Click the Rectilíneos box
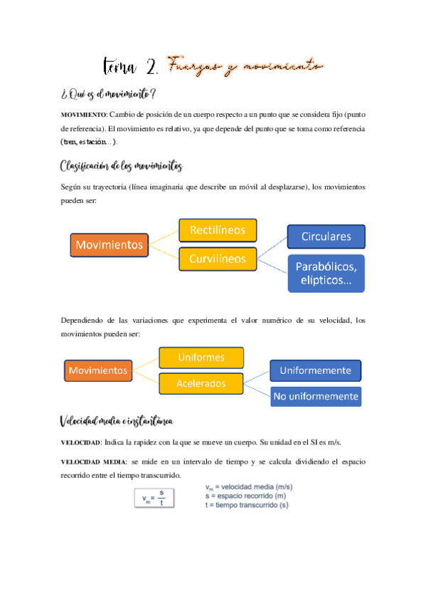pyautogui.click(x=218, y=230)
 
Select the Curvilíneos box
pyautogui.click(x=218, y=259)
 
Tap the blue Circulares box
pyautogui.click(x=326, y=236)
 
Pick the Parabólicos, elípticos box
pyautogui.click(x=326, y=274)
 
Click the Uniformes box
pyautogui.click(x=201, y=357)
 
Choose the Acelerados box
pyautogui.click(x=201, y=384)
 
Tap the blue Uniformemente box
pyautogui.click(x=315, y=370)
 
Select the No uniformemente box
pyautogui.click(x=315, y=396)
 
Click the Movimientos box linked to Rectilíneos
pyautogui.click(x=110, y=245)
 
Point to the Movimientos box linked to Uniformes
pyautogui.click(x=98, y=370)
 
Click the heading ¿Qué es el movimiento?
pyautogui.click(x=109, y=93)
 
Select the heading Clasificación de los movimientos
pyautogui.click(x=122, y=167)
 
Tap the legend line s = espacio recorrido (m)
pyautogui.click(x=245, y=496)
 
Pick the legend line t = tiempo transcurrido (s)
pyautogui.click(x=247, y=505)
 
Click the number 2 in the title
pyautogui.click(x=150, y=68)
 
